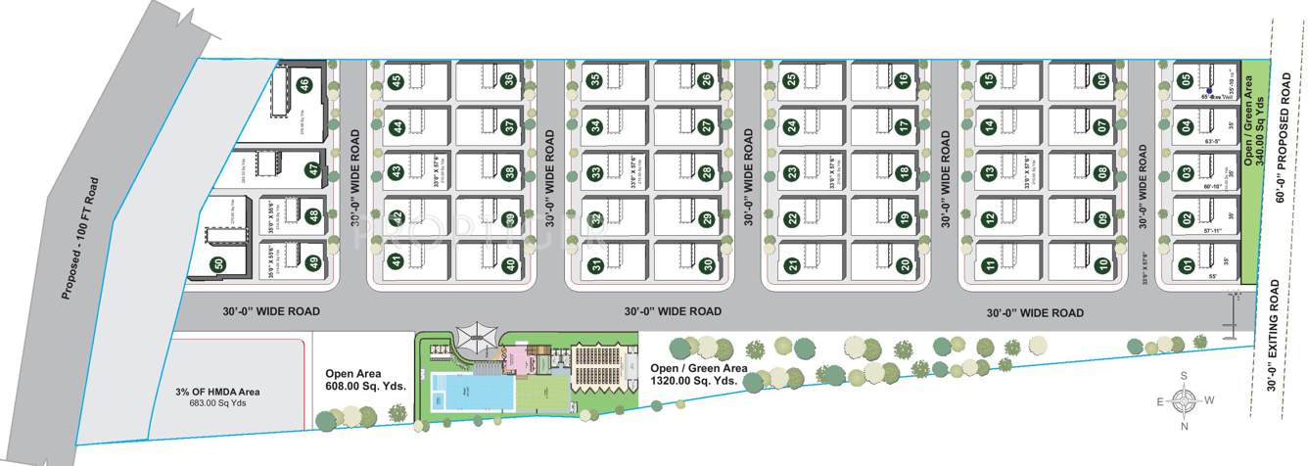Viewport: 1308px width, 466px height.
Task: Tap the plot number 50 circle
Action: [x=218, y=263]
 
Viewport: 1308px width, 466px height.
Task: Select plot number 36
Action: [x=508, y=80]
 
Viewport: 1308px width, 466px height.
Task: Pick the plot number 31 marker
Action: [x=594, y=263]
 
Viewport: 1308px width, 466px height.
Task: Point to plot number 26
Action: [x=706, y=80]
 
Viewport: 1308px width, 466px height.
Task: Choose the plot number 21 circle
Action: [x=792, y=263]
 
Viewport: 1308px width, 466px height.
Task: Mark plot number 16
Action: [x=903, y=80]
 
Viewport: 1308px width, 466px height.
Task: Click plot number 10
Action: [x=1102, y=263]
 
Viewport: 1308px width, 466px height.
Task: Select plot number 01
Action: [x=1186, y=263]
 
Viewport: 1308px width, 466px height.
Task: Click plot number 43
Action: [x=396, y=172]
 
